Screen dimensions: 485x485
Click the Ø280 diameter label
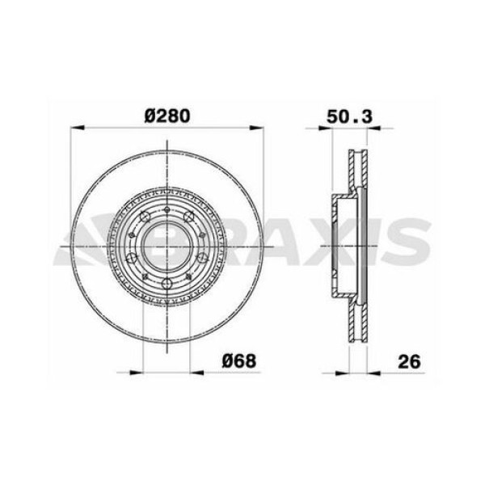tap(167, 116)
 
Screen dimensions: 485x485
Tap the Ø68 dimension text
tap(239, 361)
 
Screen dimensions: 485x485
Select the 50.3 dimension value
tap(350, 116)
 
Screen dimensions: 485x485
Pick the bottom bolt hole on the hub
tap(167, 282)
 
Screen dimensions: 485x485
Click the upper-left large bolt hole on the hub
tap(143, 217)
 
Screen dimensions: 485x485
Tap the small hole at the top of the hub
tap(167, 209)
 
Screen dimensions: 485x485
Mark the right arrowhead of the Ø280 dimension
tap(257, 129)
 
